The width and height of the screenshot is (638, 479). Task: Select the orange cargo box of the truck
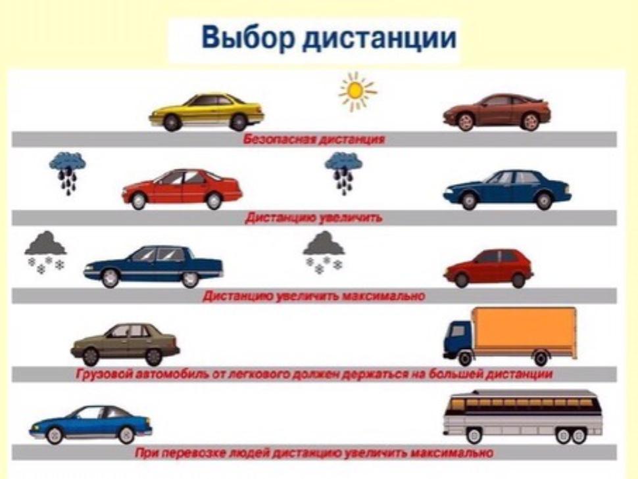526,332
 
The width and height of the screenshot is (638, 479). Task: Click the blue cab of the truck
458,340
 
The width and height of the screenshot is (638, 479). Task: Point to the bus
522,417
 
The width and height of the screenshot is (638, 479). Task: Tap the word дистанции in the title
380,39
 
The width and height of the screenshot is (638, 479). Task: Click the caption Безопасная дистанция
314,139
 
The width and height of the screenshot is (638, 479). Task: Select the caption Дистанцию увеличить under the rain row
313,218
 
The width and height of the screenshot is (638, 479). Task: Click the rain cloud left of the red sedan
68,172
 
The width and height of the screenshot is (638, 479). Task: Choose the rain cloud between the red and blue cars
343,172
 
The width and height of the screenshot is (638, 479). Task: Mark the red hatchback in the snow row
488,268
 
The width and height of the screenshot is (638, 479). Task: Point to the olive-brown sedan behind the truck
125,345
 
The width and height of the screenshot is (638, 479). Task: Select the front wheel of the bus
474,436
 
